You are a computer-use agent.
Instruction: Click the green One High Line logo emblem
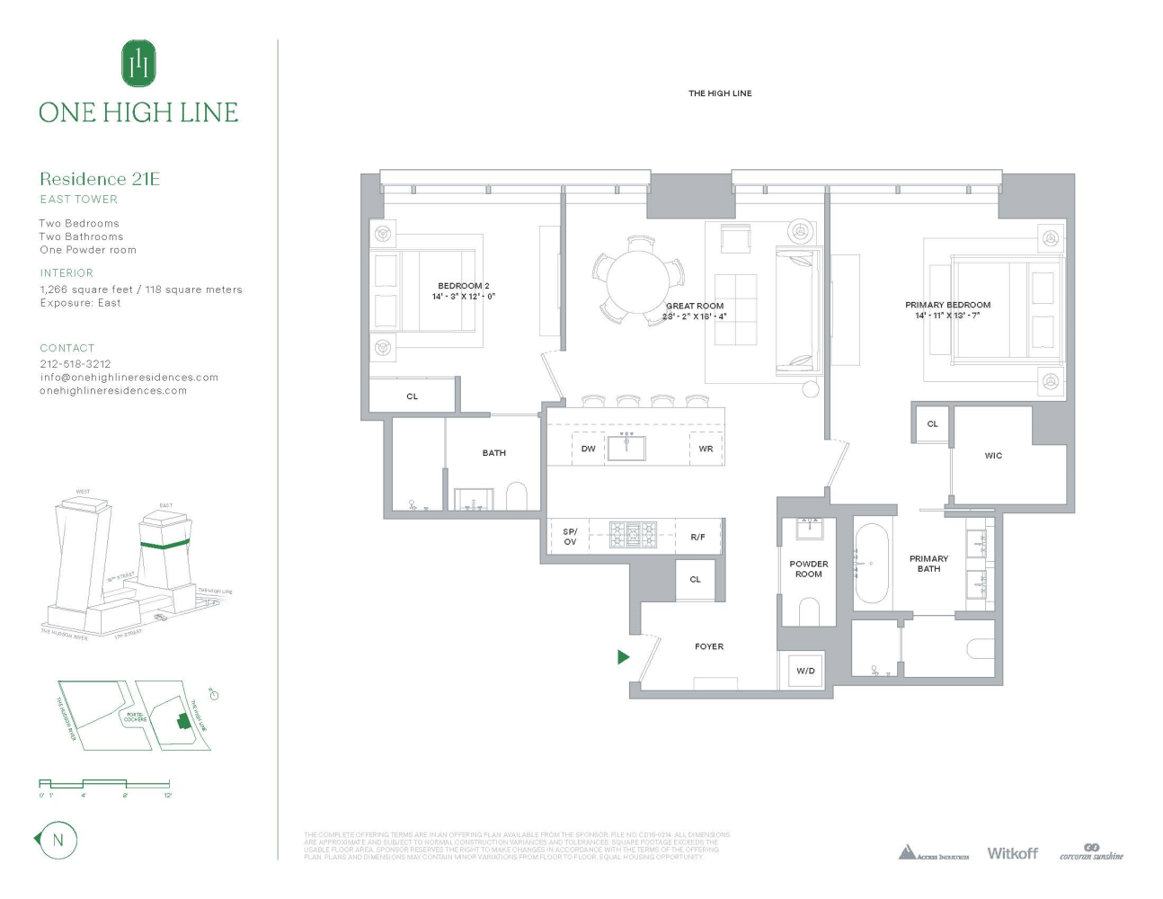pyautogui.click(x=138, y=64)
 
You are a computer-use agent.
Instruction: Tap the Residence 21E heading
pyautogui.click(x=100, y=179)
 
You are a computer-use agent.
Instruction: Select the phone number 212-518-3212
pyautogui.click(x=75, y=364)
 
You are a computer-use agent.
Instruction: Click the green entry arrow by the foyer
pyautogui.click(x=624, y=657)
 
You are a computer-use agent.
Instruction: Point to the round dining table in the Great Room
pyautogui.click(x=637, y=280)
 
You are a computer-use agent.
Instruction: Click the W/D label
pyautogui.click(x=805, y=671)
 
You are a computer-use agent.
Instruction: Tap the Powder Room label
pyautogui.click(x=808, y=569)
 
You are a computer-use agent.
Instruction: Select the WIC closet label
pyautogui.click(x=993, y=456)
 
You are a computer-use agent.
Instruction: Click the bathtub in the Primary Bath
pyautogui.click(x=871, y=564)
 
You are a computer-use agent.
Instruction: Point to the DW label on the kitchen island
pyautogui.click(x=588, y=449)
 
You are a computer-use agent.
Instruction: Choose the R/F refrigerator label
pyautogui.click(x=697, y=537)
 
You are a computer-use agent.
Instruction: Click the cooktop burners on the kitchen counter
pyautogui.click(x=634, y=535)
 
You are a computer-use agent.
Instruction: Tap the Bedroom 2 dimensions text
pyautogui.click(x=464, y=297)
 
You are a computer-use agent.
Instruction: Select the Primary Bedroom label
pyautogui.click(x=947, y=305)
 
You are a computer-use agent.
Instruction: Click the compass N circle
pyautogui.click(x=58, y=841)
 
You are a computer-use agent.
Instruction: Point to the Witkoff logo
pyautogui.click(x=1012, y=853)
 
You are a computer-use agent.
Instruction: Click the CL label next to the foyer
pyautogui.click(x=695, y=579)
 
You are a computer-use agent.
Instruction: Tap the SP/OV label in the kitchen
pyautogui.click(x=570, y=537)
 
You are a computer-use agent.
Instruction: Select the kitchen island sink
pyautogui.click(x=626, y=447)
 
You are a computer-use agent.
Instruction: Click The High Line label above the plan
pyautogui.click(x=720, y=93)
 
